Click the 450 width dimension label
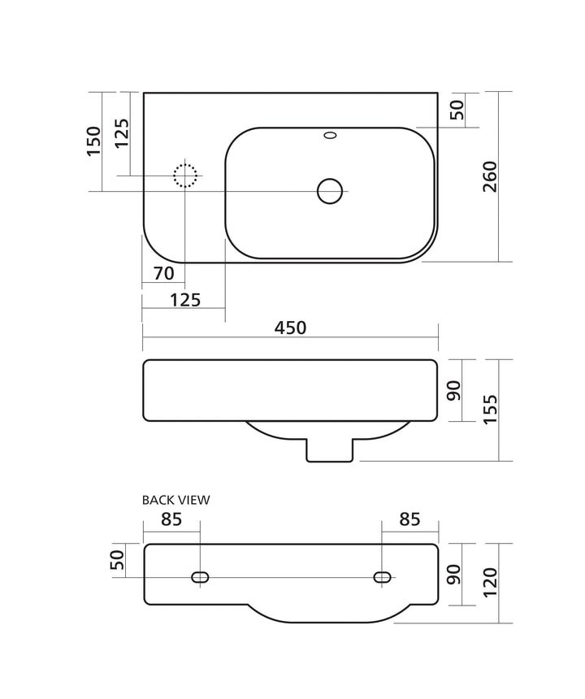click(290, 328)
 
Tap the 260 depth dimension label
click(490, 176)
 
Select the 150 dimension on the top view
click(93, 141)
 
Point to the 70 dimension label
click(163, 273)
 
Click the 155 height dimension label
click(490, 410)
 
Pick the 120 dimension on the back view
click(490, 582)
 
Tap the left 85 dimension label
click(171, 519)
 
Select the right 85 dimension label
click(409, 519)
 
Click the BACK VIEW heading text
click(175, 500)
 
